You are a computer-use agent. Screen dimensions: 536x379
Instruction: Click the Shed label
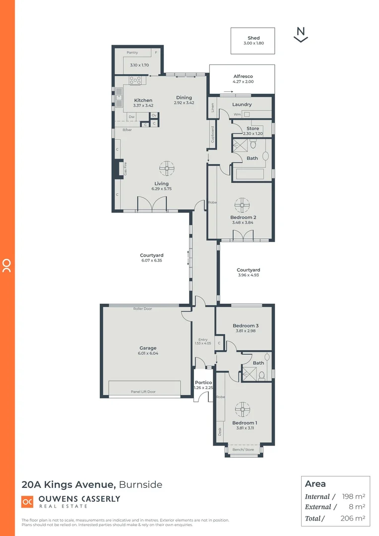pos(253,38)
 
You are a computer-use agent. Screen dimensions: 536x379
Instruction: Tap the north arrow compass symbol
pos(301,34)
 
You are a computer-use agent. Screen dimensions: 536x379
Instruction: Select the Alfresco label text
pos(243,76)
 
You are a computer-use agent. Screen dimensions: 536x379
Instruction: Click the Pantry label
pos(132,53)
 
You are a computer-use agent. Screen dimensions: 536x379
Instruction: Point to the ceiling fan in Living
pos(168,168)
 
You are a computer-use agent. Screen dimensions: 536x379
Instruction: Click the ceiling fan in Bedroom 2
pos(243,204)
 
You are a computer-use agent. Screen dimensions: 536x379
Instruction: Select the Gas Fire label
pos(126,169)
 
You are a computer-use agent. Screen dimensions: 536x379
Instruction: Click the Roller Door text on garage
pos(142,309)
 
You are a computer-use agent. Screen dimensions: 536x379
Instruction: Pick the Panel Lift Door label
pos(143,392)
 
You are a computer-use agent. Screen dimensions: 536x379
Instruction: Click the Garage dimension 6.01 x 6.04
pos(148,353)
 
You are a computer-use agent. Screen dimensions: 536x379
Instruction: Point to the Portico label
pos(203,383)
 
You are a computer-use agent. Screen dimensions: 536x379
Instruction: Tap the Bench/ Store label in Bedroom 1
pos(243,450)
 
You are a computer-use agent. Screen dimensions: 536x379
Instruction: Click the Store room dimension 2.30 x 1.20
pos(253,134)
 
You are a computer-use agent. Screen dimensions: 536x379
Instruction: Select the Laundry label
pos(242,105)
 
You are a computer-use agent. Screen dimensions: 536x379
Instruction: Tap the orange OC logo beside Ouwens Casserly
pos(27,502)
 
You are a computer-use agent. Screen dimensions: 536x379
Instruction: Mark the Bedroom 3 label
pos(246,326)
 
